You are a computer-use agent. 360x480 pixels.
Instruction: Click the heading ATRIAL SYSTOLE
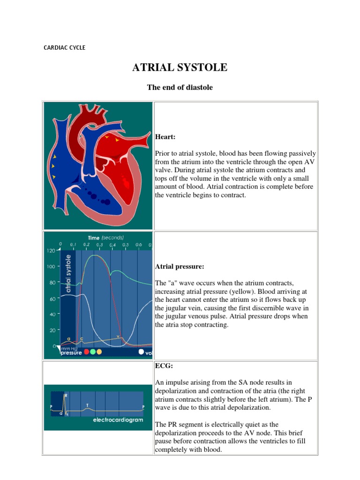pyautogui.click(x=180, y=67)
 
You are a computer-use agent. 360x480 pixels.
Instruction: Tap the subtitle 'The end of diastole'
pyautogui.click(x=180, y=87)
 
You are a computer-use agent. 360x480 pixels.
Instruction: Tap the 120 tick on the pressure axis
pyautogui.click(x=51, y=251)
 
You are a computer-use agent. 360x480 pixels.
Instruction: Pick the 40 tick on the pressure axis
pyautogui.click(x=52, y=314)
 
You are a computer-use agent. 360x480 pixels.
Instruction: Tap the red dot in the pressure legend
pyautogui.click(x=85, y=352)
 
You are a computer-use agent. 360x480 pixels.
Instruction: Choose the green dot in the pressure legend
pyautogui.click(x=92, y=352)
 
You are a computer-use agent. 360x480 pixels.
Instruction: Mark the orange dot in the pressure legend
pyautogui.click(x=99, y=352)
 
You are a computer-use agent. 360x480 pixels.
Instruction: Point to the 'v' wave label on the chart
pyautogui.click(x=118, y=336)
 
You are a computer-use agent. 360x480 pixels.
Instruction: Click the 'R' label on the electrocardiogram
pyautogui.click(x=66, y=396)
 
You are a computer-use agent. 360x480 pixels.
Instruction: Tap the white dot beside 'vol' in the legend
pyautogui.click(x=141, y=352)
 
